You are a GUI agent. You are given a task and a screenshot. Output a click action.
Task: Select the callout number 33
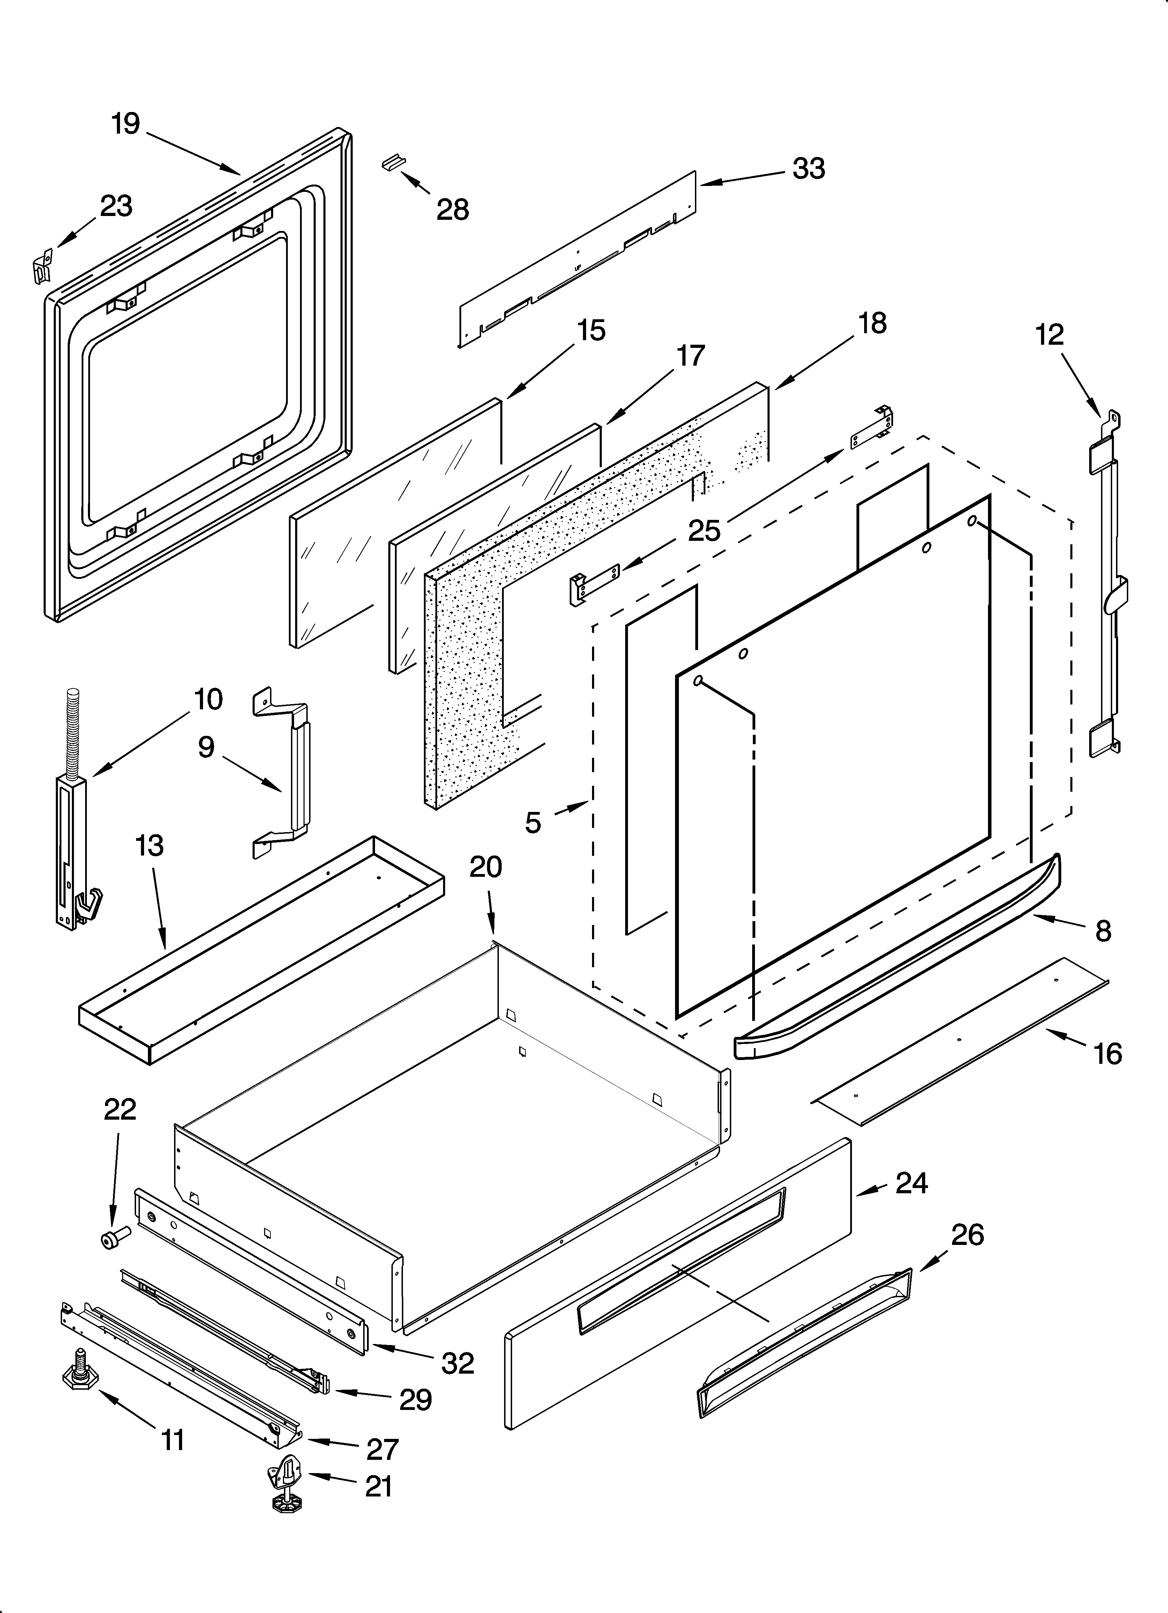point(809,169)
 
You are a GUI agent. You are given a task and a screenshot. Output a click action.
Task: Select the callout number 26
point(967,1235)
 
